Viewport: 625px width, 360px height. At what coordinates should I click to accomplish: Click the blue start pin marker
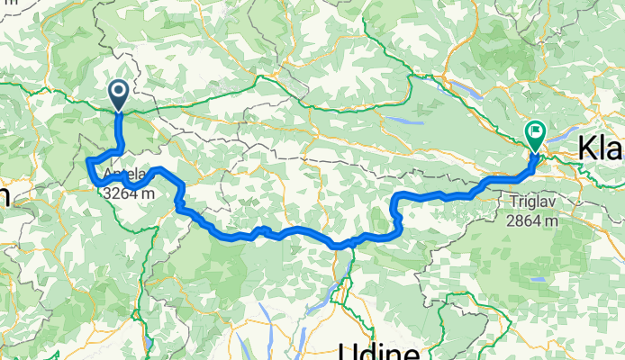click(118, 94)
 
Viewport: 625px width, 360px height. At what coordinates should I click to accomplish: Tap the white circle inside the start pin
click(118, 90)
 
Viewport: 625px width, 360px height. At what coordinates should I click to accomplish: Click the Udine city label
click(379, 350)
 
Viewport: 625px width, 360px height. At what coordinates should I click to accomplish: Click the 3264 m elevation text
click(127, 193)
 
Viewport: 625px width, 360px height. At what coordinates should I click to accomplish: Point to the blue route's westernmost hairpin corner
click(87, 161)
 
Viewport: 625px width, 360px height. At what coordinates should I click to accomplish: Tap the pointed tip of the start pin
click(118, 111)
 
